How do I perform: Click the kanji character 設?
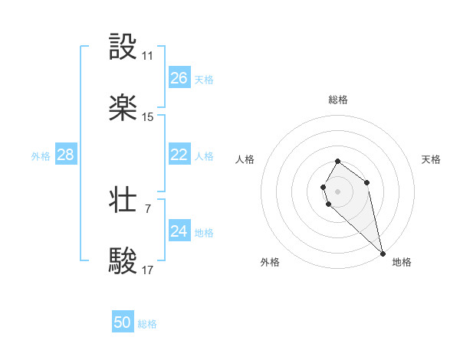(123, 47)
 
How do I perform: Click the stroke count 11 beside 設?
(148, 56)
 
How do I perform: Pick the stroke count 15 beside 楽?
(148, 117)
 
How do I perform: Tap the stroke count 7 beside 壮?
(148, 208)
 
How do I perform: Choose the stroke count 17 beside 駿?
(148, 270)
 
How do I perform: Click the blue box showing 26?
(179, 78)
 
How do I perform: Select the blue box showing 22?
(179, 155)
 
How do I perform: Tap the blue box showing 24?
(179, 231)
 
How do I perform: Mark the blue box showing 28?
(66, 155)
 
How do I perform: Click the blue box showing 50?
(123, 322)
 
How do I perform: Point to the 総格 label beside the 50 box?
(147, 324)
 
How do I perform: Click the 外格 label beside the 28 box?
(41, 156)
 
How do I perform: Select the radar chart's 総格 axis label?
(338, 100)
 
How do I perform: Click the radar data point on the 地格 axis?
(383, 254)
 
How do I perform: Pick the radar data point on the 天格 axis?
(367, 182)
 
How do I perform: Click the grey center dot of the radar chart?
(338, 191)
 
